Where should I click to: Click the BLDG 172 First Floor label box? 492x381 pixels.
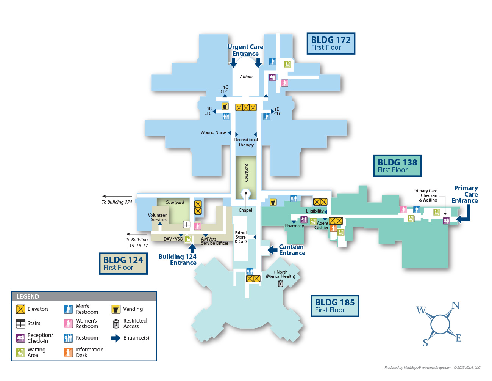331,43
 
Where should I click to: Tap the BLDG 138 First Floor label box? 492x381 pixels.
397,166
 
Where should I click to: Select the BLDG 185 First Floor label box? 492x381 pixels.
334,306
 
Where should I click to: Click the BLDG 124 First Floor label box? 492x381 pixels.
123,263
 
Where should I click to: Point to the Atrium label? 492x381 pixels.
246,77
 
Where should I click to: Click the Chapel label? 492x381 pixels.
245,210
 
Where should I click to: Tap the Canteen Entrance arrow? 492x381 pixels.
272,250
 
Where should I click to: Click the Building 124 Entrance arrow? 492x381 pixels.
192,248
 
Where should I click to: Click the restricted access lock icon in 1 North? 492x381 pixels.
281,283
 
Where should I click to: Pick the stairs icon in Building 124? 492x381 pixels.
186,224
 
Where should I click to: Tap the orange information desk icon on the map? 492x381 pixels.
333,228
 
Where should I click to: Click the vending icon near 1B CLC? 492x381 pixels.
225,106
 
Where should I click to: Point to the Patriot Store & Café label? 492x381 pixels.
241,237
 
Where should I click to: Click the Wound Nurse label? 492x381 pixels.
213,132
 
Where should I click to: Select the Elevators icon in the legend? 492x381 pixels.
20,309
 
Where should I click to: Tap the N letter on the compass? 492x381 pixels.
456,305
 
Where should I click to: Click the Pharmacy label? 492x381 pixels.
294,226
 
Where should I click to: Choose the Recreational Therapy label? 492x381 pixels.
246,142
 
